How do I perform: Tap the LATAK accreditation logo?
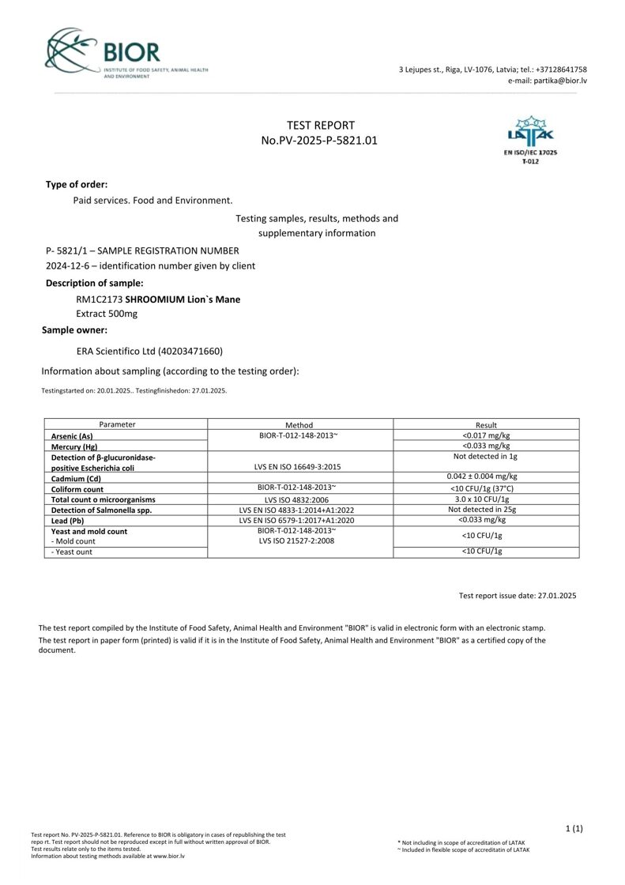click(529, 140)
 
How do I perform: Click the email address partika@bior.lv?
click(547, 81)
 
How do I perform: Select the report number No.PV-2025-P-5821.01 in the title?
click(320, 141)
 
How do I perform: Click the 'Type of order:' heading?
click(77, 184)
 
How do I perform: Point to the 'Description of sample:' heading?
click(94, 283)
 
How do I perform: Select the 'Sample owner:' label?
click(74, 330)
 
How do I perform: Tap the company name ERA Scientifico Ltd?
click(149, 351)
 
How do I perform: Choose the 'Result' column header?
click(486, 425)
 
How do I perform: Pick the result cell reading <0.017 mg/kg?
click(486, 435)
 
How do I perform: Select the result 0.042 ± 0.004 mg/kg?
click(486, 476)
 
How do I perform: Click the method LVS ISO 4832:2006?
click(299, 499)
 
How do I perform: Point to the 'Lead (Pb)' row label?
click(67, 521)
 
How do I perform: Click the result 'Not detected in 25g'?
click(486, 510)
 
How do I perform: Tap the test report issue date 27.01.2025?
click(518, 595)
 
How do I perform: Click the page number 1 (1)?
click(574, 828)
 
